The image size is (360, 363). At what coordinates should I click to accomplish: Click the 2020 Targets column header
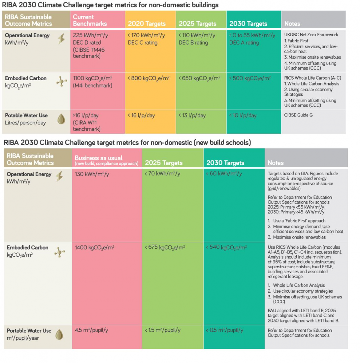[x=147, y=24]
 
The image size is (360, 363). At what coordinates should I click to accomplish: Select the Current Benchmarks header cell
[x=90, y=20]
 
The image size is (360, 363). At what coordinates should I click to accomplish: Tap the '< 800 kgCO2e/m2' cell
[x=148, y=78]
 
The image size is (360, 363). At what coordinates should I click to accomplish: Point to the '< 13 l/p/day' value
[x=192, y=115]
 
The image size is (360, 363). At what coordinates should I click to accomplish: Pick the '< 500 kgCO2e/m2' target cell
[x=250, y=78]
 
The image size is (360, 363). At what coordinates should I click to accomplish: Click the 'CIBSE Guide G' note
[x=298, y=115]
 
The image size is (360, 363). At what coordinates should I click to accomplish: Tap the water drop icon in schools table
[x=60, y=334]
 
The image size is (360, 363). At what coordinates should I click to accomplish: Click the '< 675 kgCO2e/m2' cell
[x=165, y=247]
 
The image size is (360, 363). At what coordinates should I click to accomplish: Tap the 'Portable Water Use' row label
[x=29, y=330]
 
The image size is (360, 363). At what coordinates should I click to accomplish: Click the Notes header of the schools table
[x=276, y=163]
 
